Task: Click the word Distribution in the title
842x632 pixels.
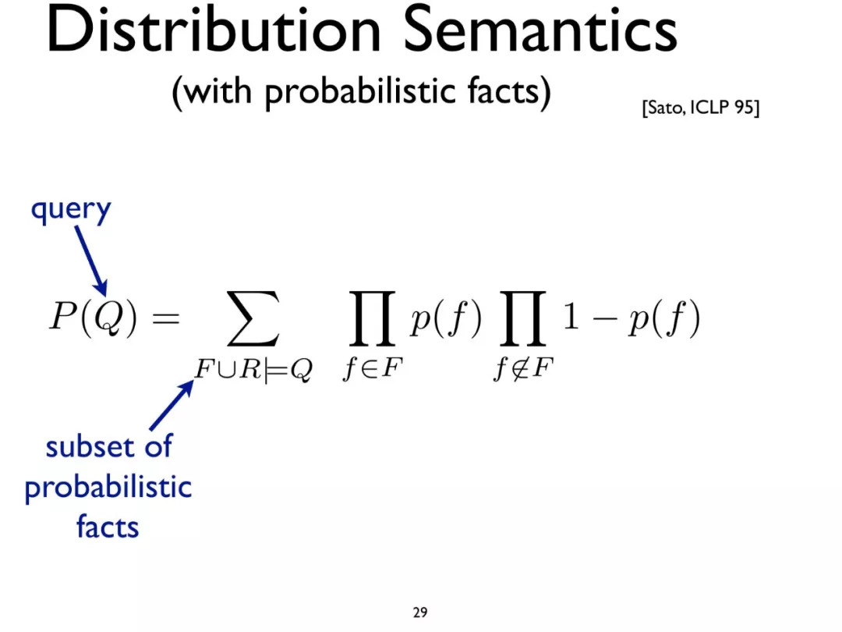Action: pyautogui.click(x=214, y=29)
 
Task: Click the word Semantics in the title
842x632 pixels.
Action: pyautogui.click(x=540, y=29)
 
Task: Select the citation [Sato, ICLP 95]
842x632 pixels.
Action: pyautogui.click(x=700, y=108)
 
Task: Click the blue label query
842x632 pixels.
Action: pyautogui.click(x=71, y=210)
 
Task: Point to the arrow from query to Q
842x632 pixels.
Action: pyautogui.click(x=90, y=261)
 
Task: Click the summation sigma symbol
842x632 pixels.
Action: pyautogui.click(x=253, y=318)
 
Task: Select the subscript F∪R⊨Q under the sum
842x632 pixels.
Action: pyautogui.click(x=253, y=369)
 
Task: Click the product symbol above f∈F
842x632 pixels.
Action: pyautogui.click(x=372, y=318)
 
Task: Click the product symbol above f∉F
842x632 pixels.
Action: pyautogui.click(x=522, y=318)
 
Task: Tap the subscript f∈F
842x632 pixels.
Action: pyautogui.click(x=373, y=368)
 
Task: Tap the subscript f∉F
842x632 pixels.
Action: pyautogui.click(x=523, y=368)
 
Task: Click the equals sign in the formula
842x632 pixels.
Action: pyautogui.click(x=166, y=318)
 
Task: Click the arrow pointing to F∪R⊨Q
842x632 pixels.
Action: pyautogui.click(x=172, y=405)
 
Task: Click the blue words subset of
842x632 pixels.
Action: pyautogui.click(x=108, y=447)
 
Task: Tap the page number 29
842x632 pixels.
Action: pyautogui.click(x=420, y=612)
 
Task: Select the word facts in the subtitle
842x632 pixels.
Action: pyautogui.click(x=502, y=91)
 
